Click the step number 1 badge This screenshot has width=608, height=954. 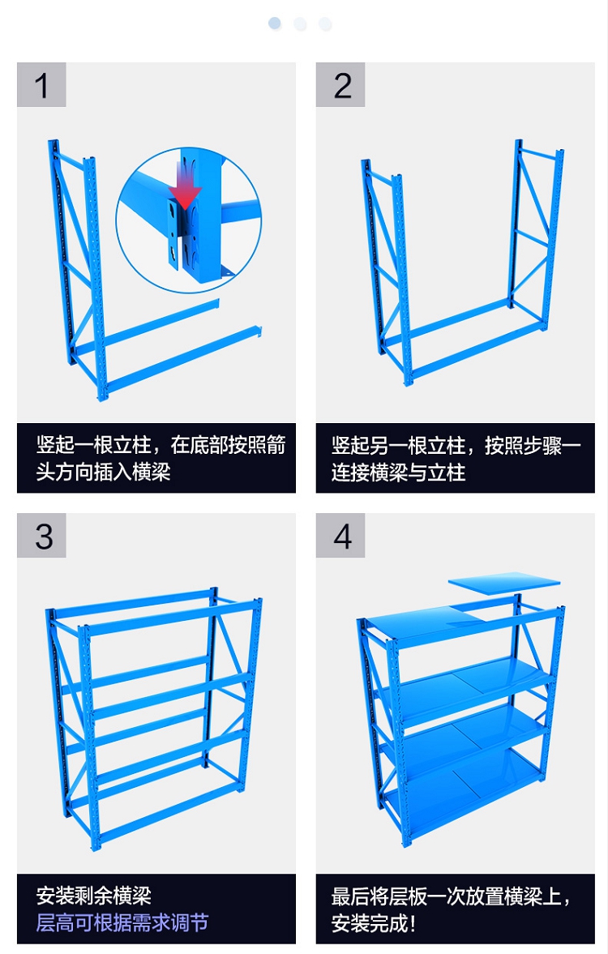[x=41, y=84]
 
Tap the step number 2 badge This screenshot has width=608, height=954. [x=340, y=84]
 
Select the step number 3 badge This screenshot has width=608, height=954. [x=41, y=536]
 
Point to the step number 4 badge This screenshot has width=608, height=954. [x=340, y=536]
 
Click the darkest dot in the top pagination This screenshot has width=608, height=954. [x=275, y=24]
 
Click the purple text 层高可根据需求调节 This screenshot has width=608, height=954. [x=122, y=922]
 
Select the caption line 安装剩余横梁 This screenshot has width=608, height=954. [x=93, y=896]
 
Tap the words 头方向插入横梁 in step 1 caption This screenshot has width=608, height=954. [x=103, y=472]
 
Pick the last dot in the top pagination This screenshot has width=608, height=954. [x=326, y=24]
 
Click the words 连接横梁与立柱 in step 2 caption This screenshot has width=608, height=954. [x=398, y=472]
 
